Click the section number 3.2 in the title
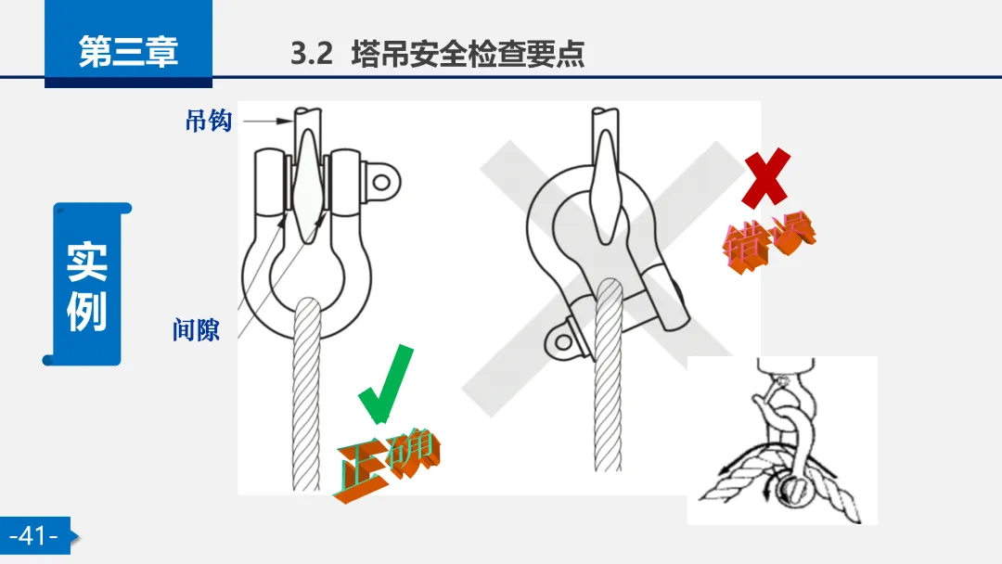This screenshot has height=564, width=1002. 311,54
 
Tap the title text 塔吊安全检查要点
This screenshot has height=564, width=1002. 468,54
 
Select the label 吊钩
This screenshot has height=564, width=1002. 209,121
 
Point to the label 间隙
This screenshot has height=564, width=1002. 196,330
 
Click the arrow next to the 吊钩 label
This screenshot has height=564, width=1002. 268,120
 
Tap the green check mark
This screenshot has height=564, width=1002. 386,383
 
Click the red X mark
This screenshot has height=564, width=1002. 766,177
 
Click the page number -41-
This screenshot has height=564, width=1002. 34,535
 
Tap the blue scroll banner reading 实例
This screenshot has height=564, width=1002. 87,284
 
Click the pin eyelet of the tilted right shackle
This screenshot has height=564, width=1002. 562,341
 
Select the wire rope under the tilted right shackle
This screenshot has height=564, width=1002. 608,376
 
